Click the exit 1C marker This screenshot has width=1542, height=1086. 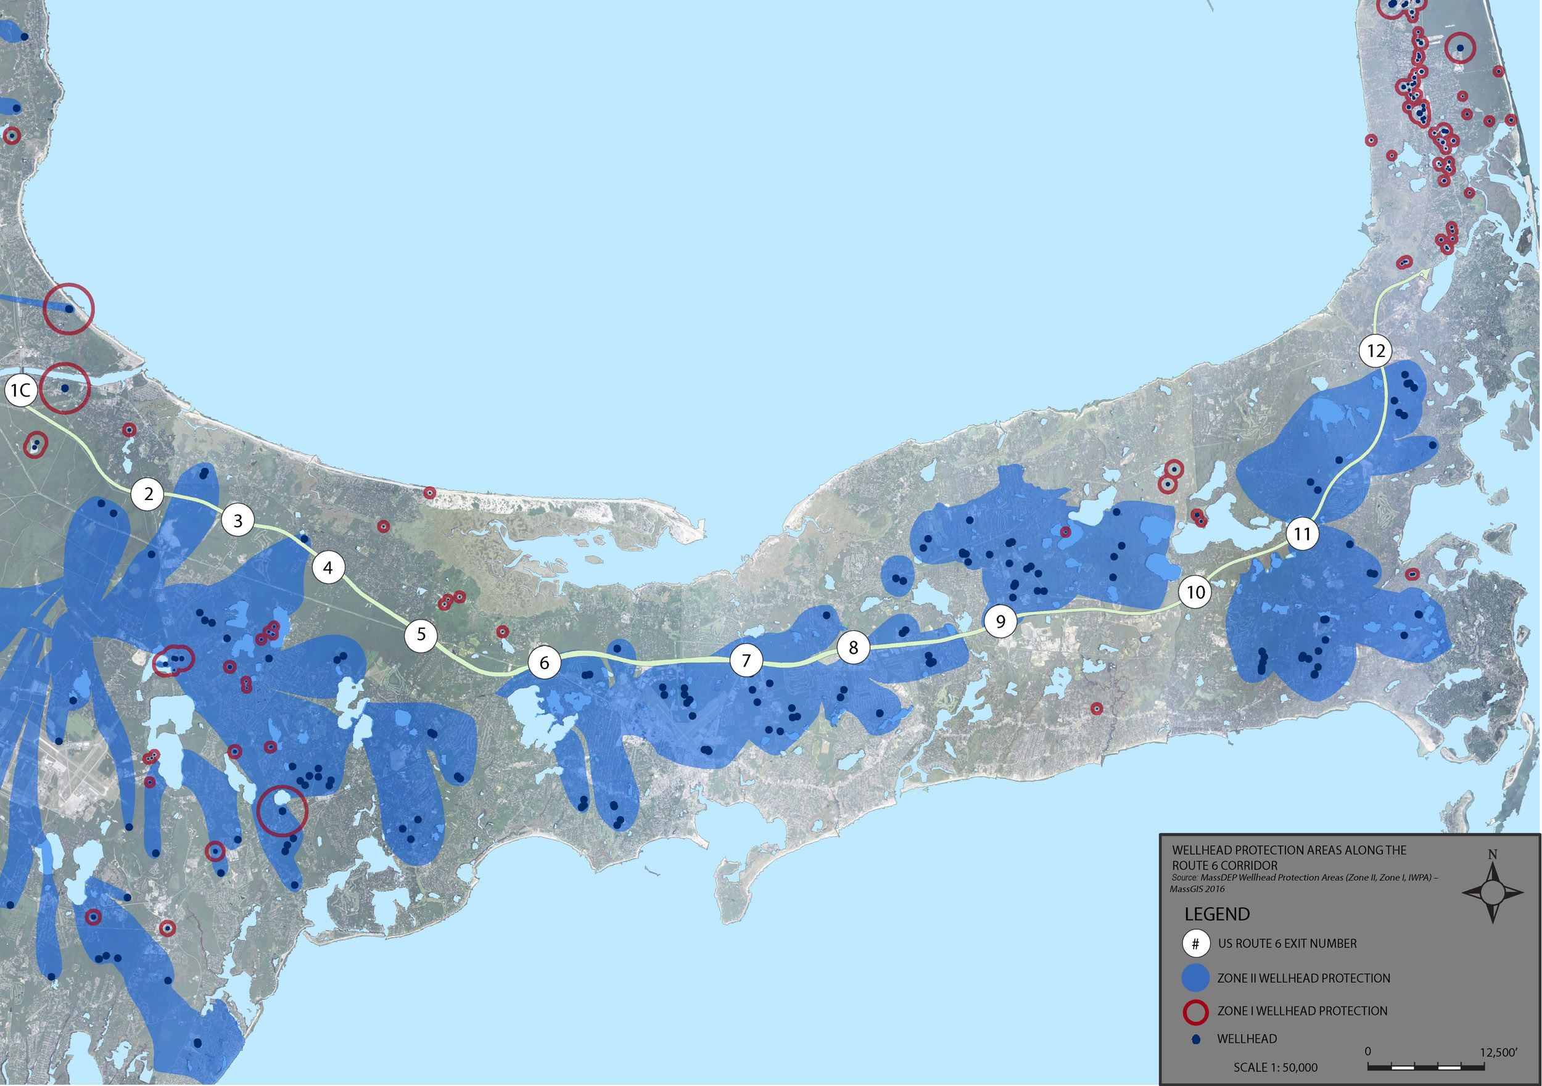click(x=20, y=390)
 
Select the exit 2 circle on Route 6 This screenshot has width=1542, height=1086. click(x=149, y=495)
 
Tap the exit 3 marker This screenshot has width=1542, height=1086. click(x=237, y=520)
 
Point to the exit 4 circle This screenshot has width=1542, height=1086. click(x=328, y=567)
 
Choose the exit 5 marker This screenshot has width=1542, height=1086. click(x=421, y=634)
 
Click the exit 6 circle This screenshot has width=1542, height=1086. click(x=544, y=663)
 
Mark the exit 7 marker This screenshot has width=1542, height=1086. click(x=746, y=661)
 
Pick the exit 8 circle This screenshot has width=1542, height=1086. click(x=853, y=648)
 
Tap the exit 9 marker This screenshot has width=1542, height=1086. click(x=1000, y=621)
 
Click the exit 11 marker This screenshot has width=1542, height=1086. click(x=1302, y=534)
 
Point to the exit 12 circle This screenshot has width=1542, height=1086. click(x=1375, y=350)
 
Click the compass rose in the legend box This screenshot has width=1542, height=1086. click(x=1492, y=892)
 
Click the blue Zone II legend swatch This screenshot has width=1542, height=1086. click(x=1195, y=978)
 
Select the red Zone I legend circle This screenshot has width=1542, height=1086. click(x=1195, y=1011)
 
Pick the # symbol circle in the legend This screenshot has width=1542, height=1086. click(x=1195, y=944)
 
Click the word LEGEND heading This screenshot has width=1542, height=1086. click(x=1217, y=914)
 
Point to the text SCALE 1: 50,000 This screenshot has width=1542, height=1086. click(x=1275, y=1067)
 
